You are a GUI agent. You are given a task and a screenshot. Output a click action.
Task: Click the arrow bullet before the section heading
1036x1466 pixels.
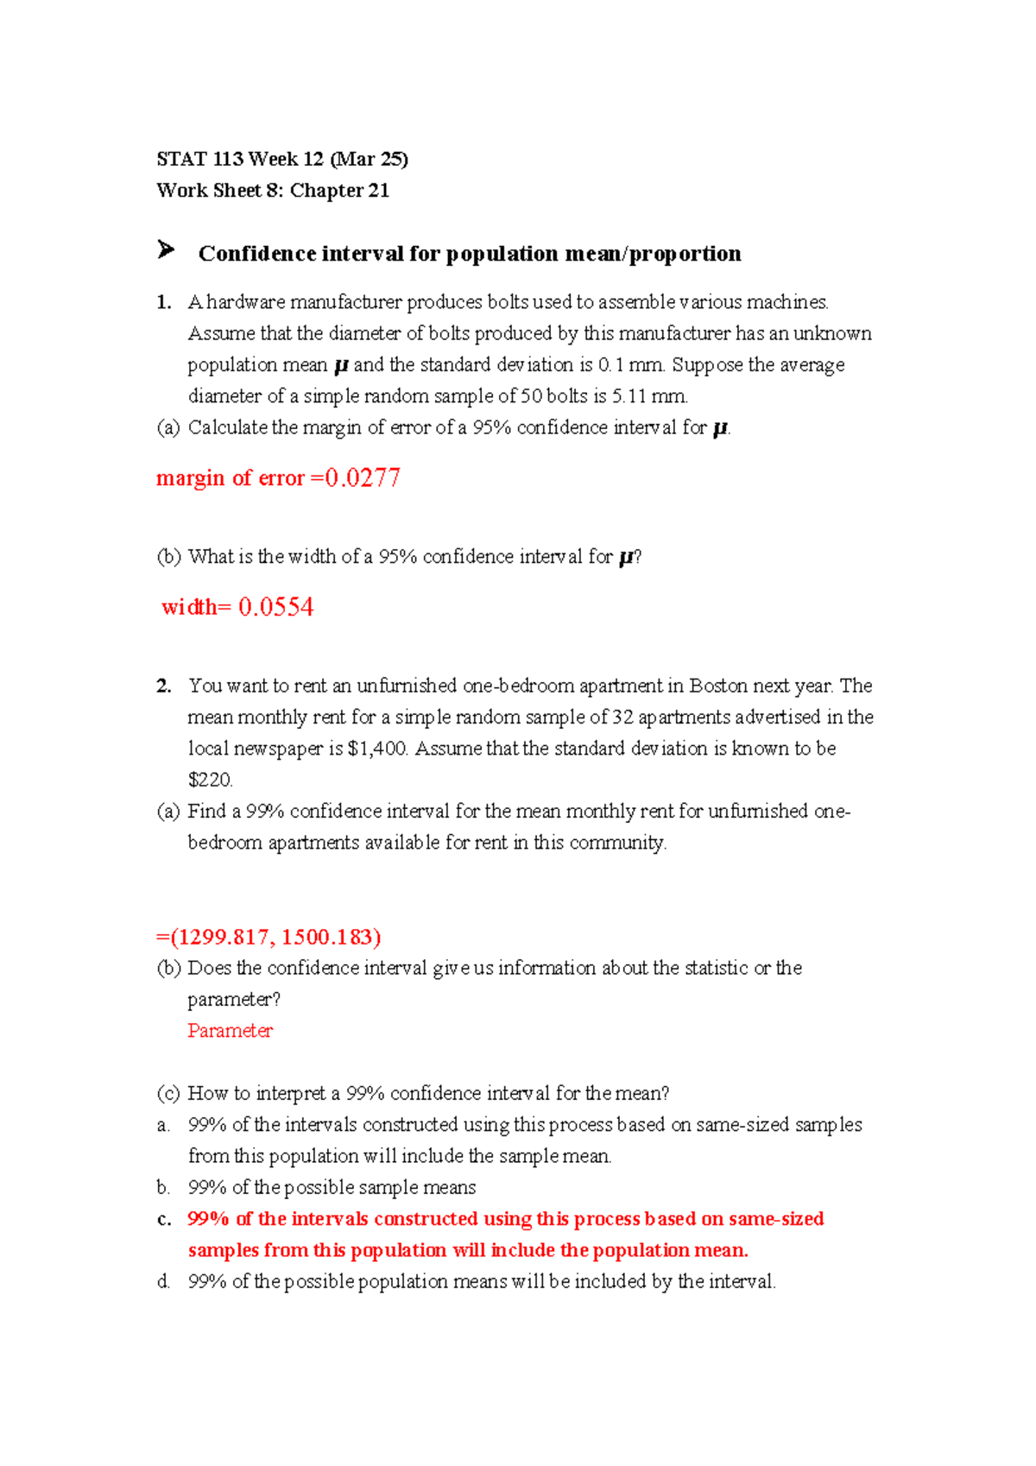click(x=166, y=251)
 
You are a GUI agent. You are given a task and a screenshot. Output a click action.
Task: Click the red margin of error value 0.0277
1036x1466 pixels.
click(x=363, y=478)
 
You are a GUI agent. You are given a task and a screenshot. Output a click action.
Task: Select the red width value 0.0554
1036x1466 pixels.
click(x=275, y=607)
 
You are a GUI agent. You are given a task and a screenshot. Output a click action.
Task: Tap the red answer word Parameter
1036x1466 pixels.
click(x=230, y=1031)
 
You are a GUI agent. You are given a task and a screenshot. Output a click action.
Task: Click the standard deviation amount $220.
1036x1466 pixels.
click(x=210, y=780)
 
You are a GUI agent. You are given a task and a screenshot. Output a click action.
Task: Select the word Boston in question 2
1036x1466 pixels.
click(x=718, y=686)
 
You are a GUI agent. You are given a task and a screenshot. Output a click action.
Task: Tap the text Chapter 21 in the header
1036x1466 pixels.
click(x=339, y=191)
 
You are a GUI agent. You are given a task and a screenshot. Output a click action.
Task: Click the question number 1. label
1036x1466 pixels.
click(x=164, y=302)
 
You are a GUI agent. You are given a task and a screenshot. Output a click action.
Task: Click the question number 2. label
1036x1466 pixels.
click(x=164, y=686)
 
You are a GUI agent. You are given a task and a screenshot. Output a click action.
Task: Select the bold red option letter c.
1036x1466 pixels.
click(x=164, y=1219)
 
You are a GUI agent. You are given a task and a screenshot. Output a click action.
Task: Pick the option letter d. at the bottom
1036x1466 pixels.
click(x=164, y=1282)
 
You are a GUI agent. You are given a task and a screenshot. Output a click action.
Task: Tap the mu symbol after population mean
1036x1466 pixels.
click(x=340, y=366)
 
